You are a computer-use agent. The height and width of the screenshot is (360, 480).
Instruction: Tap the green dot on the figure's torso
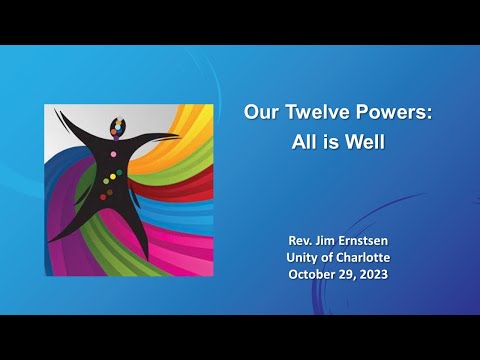coord(118,174)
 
